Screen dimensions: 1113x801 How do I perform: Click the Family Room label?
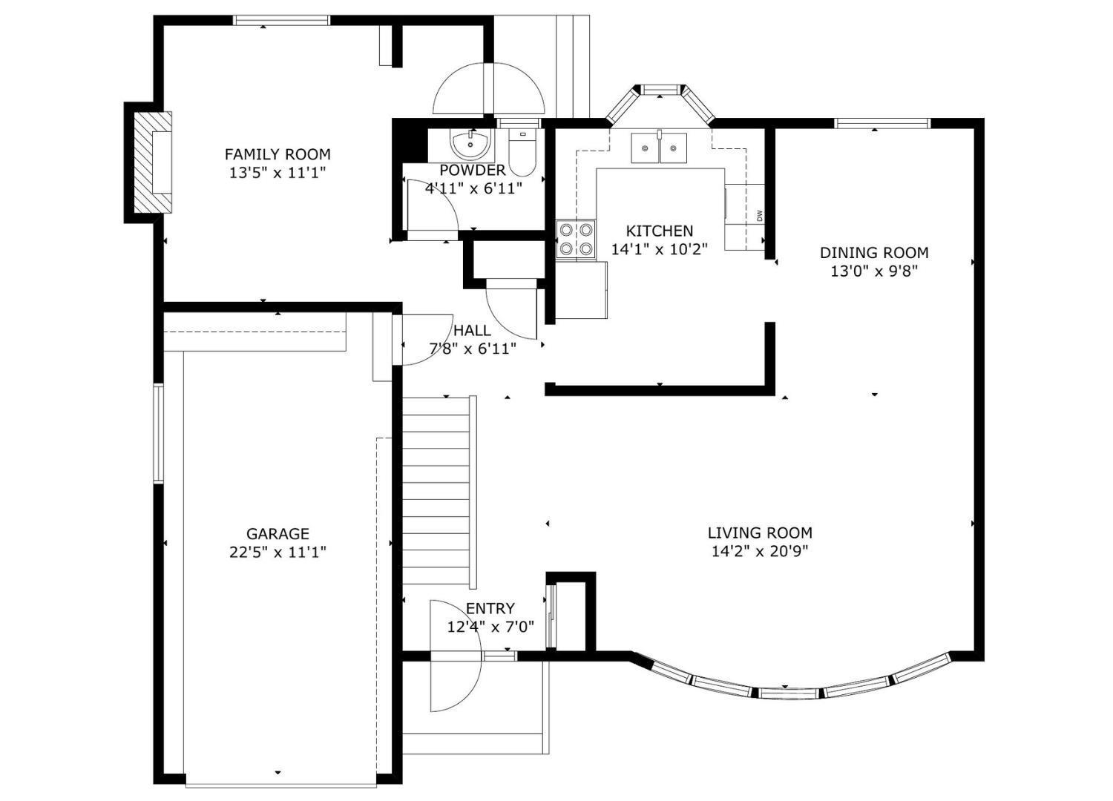tap(278, 154)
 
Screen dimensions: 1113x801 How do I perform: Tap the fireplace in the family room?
tap(153, 162)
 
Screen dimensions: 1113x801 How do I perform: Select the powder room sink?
tap(470, 142)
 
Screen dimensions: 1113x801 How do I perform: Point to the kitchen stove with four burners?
tap(576, 239)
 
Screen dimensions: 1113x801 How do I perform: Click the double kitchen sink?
tap(659, 148)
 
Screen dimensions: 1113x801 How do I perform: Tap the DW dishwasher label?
tap(759, 216)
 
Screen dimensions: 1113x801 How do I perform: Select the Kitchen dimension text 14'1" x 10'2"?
tap(659, 248)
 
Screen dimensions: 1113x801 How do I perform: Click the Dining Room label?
tap(874, 253)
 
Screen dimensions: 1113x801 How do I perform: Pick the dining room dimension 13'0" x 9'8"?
tap(874, 271)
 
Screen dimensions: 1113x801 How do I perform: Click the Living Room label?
tap(761, 533)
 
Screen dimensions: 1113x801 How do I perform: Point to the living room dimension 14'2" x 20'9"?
tap(761, 551)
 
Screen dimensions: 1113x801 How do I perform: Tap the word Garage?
tap(278, 534)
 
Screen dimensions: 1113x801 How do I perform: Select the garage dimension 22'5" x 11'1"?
tap(278, 553)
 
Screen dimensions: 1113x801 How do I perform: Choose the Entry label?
tap(490, 608)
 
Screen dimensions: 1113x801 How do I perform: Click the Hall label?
tap(472, 330)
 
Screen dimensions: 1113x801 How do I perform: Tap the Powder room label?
tap(473, 171)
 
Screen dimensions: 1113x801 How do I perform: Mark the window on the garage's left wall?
tap(158, 432)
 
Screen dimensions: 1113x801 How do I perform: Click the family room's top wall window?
tap(281, 20)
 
